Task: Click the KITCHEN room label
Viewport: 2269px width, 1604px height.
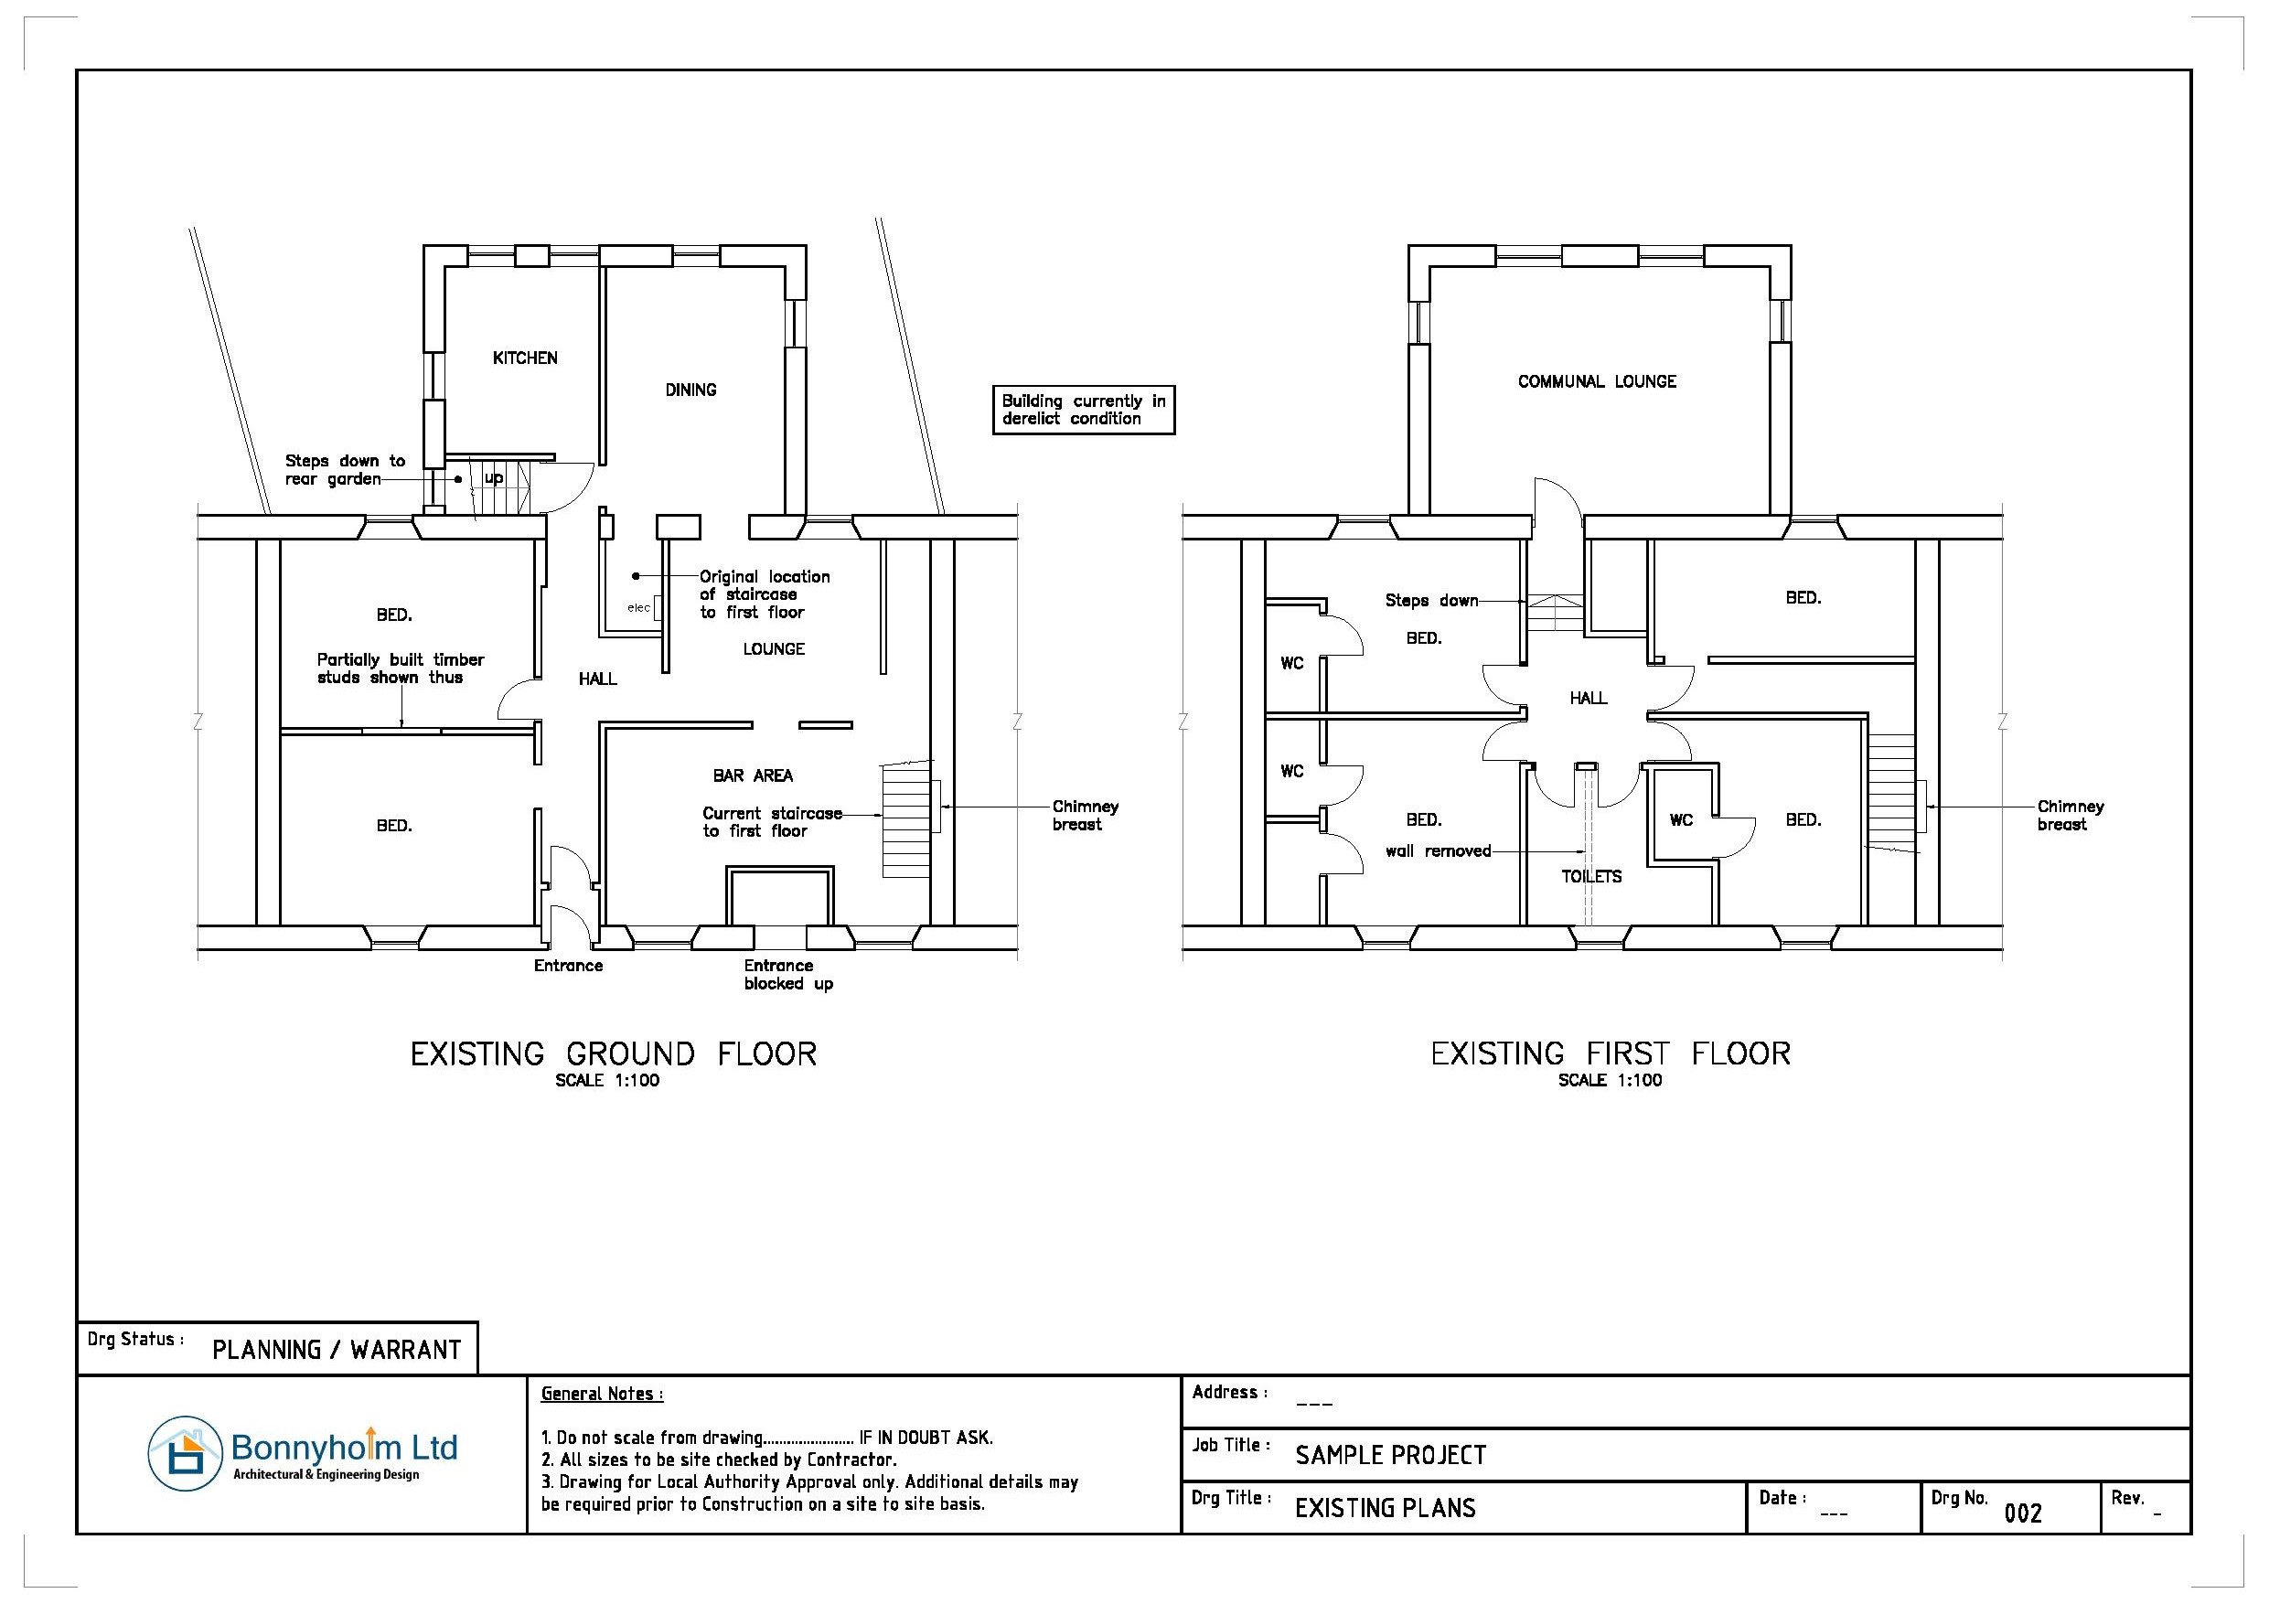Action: pyautogui.click(x=525, y=358)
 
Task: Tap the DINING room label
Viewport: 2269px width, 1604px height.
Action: pyautogui.click(x=690, y=390)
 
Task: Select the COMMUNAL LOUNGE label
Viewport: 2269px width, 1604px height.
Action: pyautogui.click(x=1597, y=381)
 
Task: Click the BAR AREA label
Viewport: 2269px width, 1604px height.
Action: pyautogui.click(x=753, y=775)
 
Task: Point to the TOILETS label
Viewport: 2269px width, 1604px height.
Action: pyautogui.click(x=1591, y=877)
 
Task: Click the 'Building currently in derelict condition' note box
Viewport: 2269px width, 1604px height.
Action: pyautogui.click(x=1083, y=409)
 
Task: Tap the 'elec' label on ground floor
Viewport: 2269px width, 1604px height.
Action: pyautogui.click(x=638, y=608)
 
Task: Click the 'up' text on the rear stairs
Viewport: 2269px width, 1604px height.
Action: pyautogui.click(x=493, y=478)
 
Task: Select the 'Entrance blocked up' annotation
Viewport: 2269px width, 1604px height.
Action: pyautogui.click(x=788, y=975)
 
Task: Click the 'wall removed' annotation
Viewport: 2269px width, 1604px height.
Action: pyautogui.click(x=1438, y=850)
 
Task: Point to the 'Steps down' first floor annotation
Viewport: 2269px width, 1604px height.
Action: pyautogui.click(x=1431, y=600)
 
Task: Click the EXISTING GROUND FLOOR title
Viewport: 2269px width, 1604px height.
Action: pyautogui.click(x=614, y=1053)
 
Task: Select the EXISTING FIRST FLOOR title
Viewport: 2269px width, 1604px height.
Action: pyautogui.click(x=1611, y=1053)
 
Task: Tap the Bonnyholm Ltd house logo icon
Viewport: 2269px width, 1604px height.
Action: pyautogui.click(x=185, y=1454)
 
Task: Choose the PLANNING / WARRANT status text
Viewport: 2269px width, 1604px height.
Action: pyautogui.click(x=337, y=1350)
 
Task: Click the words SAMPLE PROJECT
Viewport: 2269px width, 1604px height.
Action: pyautogui.click(x=1390, y=1455)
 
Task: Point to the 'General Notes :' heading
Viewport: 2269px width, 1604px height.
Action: pyautogui.click(x=602, y=1394)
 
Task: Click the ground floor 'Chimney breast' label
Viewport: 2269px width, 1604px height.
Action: pyautogui.click(x=1085, y=816)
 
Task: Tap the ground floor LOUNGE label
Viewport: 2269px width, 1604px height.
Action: pyautogui.click(x=774, y=649)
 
